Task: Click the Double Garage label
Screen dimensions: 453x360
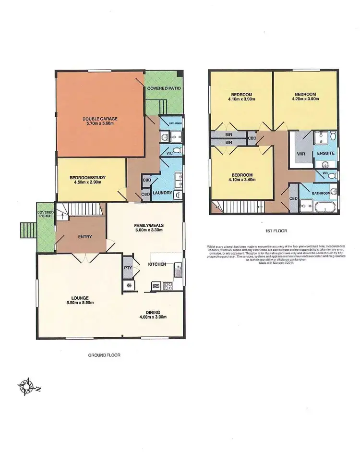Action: pos(100,119)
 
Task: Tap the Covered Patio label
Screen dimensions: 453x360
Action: pos(164,89)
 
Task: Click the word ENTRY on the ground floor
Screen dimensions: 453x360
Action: pos(85,236)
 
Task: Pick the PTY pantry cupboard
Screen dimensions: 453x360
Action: pos(128,268)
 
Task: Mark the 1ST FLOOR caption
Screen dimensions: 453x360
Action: pos(276,231)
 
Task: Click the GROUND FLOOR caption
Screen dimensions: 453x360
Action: pos(104,355)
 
